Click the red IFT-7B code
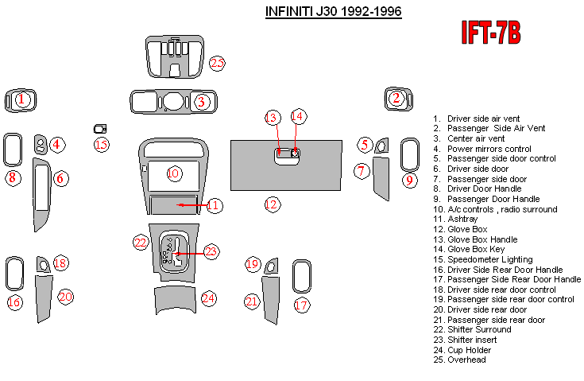click(491, 33)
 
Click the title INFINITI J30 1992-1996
click(332, 12)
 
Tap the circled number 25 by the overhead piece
click(217, 64)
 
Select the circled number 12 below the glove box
click(273, 204)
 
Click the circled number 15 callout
click(101, 144)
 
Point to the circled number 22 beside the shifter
click(141, 242)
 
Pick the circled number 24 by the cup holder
click(208, 298)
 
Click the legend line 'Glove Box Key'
click(474, 249)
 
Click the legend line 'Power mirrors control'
click(488, 149)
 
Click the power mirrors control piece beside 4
click(40, 144)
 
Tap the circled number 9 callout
click(409, 180)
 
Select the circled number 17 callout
click(300, 305)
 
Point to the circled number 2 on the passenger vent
click(396, 98)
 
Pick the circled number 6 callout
click(60, 178)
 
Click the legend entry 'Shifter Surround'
click(479, 329)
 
